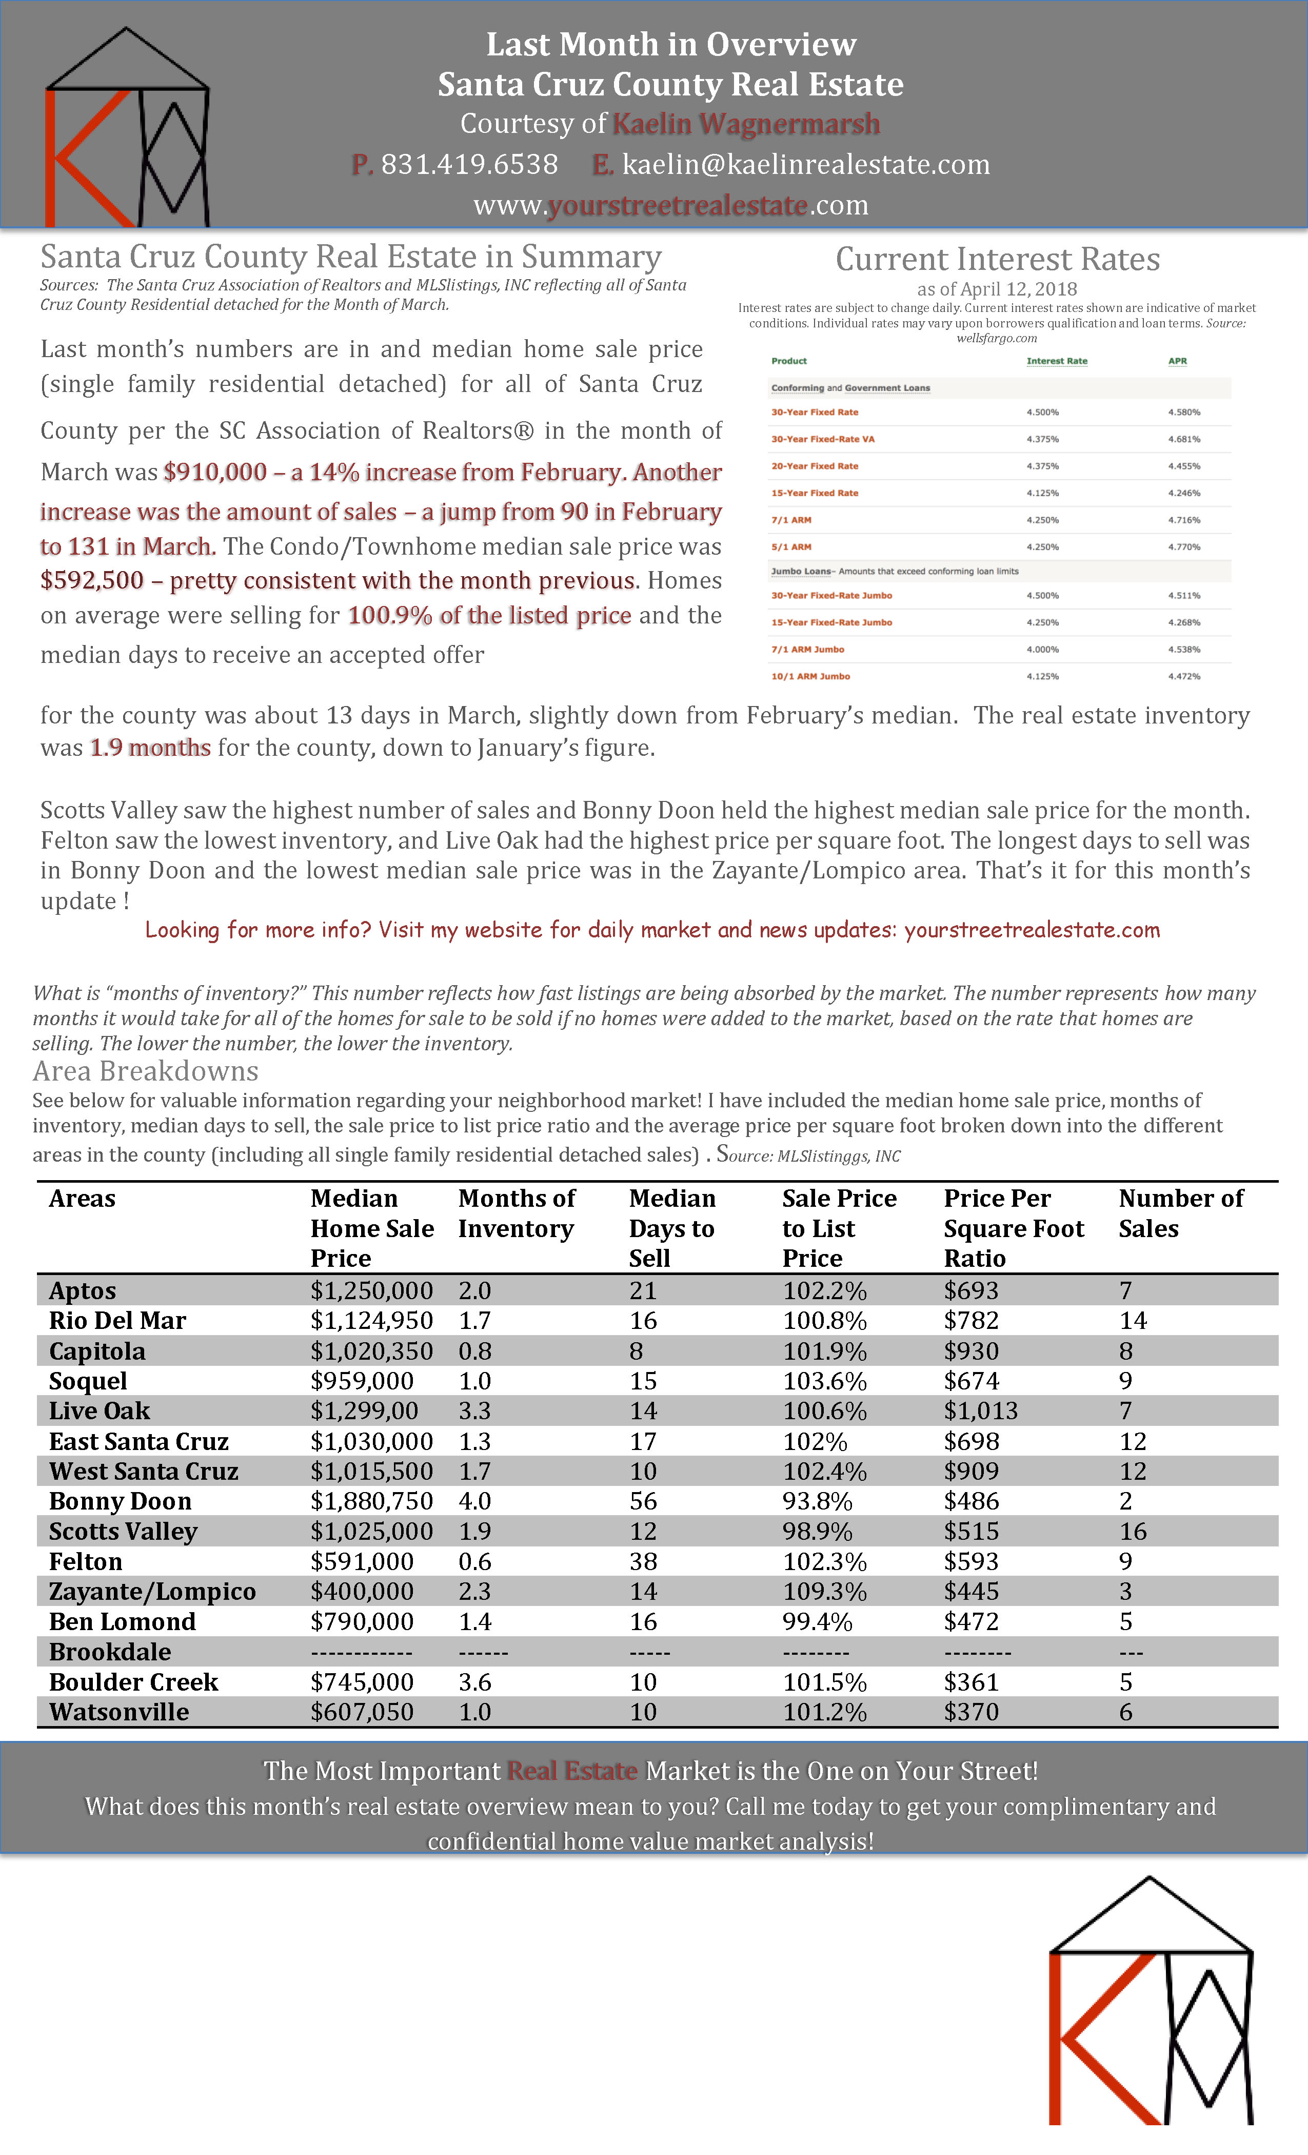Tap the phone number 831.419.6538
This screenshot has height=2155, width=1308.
click(469, 164)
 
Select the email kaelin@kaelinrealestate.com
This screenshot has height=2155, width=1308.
click(805, 164)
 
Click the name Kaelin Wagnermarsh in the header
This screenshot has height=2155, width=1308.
click(746, 124)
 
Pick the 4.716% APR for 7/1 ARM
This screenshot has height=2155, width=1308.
click(1184, 520)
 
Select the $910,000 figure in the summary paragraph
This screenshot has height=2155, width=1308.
click(214, 472)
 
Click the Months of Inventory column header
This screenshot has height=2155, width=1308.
click(516, 1213)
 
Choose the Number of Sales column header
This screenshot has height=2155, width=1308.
click(1180, 1213)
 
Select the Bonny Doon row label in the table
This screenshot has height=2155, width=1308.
click(120, 1501)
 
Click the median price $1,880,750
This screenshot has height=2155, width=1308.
click(371, 1501)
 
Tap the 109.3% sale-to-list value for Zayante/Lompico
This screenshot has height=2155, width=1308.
click(824, 1591)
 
